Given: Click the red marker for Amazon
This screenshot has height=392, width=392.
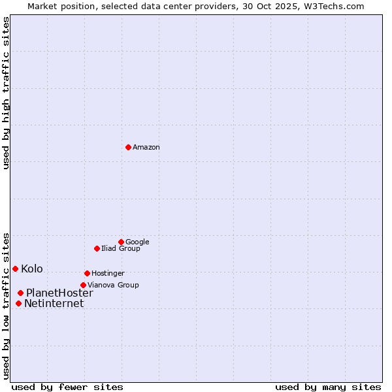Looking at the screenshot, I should [128, 147].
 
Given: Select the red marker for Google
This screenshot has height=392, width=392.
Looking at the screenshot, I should [121, 242].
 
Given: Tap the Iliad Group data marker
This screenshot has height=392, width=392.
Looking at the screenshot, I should [97, 248].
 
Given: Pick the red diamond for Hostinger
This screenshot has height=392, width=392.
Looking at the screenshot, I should [87, 273].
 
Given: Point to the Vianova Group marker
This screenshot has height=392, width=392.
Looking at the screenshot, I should [83, 285].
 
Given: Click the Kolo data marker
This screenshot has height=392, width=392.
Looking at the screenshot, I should [15, 269].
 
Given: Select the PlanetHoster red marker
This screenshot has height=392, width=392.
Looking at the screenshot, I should [20, 293].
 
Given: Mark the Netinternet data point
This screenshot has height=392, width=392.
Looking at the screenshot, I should [18, 303].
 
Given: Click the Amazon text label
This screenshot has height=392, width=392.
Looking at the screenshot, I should [146, 148].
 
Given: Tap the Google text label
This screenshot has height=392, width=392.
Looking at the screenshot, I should [137, 242].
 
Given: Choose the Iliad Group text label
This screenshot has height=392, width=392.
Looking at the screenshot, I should [121, 248].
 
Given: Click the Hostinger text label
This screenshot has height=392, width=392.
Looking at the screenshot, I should [108, 273].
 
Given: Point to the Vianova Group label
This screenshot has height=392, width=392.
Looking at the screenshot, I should [113, 285].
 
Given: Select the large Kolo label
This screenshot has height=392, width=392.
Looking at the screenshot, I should [32, 269].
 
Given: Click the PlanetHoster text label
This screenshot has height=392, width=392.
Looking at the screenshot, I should [59, 293].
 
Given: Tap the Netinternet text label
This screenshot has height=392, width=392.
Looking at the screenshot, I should [54, 303].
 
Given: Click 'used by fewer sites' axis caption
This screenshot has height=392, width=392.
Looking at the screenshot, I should [67, 387].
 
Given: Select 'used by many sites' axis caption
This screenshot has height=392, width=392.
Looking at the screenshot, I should [328, 387].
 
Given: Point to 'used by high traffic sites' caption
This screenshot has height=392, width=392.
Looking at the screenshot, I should [6, 93].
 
